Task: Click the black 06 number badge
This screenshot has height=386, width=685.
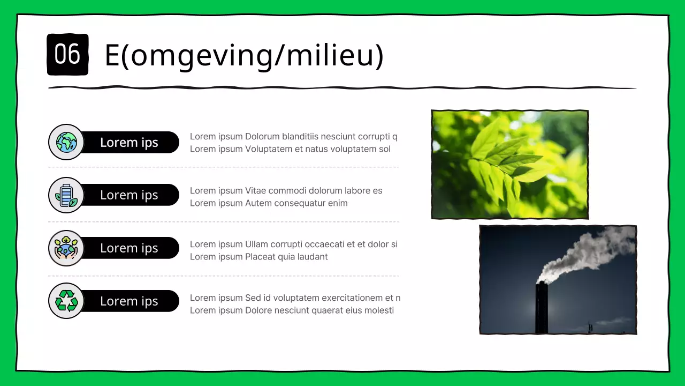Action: [67, 54]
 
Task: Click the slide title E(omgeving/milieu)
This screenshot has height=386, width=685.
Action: [244, 55]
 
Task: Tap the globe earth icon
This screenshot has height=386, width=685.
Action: [66, 142]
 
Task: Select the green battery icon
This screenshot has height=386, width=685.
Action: [66, 195]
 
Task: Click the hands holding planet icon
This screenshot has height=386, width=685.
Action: [66, 248]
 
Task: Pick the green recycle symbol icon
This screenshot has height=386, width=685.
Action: [66, 301]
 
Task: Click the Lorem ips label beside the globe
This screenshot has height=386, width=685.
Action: [129, 143]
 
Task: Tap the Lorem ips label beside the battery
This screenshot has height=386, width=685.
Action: [129, 195]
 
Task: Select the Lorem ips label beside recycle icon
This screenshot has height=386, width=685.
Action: [129, 301]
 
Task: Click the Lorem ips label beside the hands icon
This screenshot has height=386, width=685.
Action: [129, 248]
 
